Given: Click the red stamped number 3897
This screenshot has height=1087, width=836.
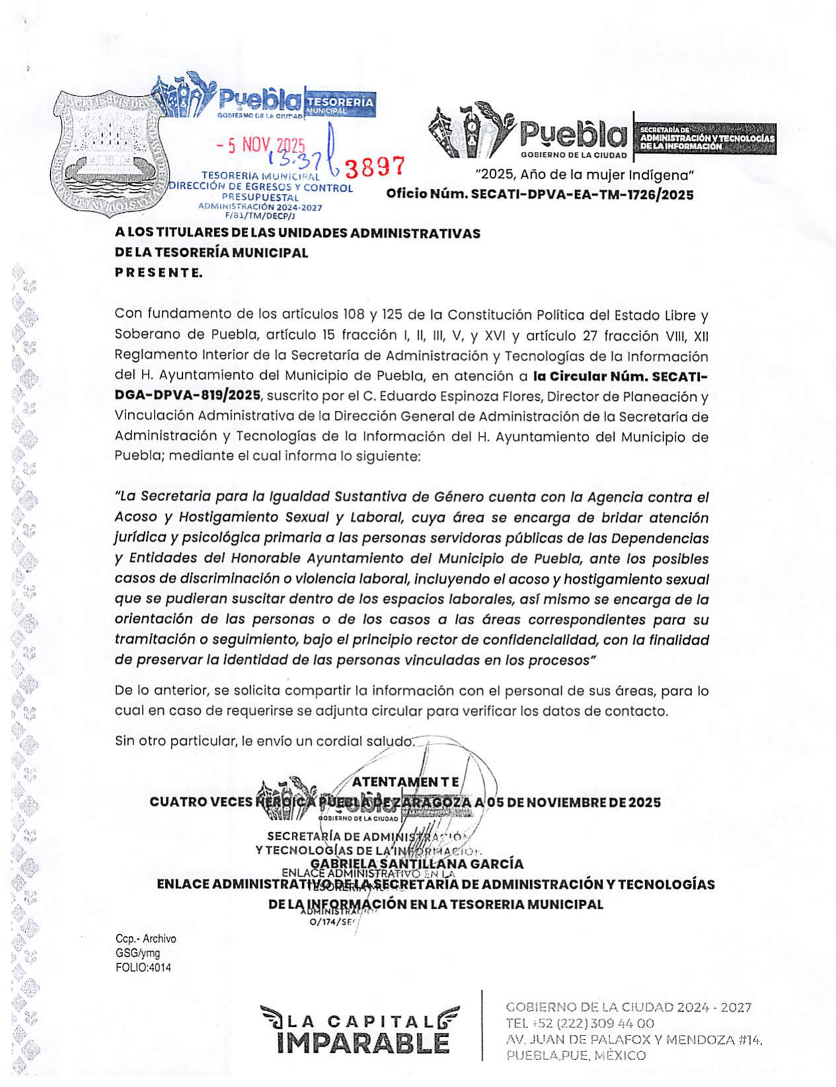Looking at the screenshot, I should pyautogui.click(x=374, y=168).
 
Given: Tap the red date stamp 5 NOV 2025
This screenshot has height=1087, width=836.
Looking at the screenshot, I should pyautogui.click(x=261, y=145).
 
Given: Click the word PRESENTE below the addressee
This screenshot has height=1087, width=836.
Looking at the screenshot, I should pyautogui.click(x=158, y=272).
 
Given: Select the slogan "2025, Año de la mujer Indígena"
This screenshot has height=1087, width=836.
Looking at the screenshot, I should pyautogui.click(x=584, y=175).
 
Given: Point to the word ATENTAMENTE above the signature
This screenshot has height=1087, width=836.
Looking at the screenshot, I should pyautogui.click(x=405, y=782).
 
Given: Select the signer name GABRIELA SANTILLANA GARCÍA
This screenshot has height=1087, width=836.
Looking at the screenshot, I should pyautogui.click(x=417, y=864).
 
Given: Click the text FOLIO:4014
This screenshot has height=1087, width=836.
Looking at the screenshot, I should pyautogui.click(x=143, y=967).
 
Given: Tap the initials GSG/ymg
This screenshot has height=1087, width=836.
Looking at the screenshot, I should pyautogui.click(x=137, y=953).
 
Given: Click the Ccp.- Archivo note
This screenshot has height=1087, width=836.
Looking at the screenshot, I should pyautogui.click(x=145, y=938).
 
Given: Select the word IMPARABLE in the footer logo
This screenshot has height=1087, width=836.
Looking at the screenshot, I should pyautogui.click(x=363, y=1043).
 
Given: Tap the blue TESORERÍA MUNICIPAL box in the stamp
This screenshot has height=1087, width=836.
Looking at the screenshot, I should pyautogui.click(x=341, y=104).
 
